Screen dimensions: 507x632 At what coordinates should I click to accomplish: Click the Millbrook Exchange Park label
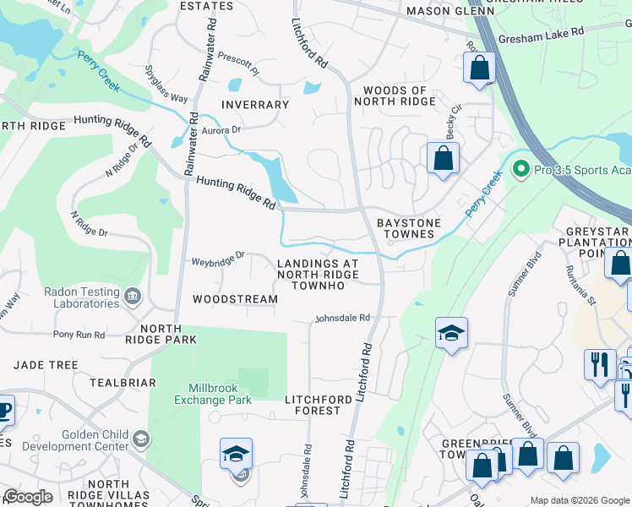point(214,393)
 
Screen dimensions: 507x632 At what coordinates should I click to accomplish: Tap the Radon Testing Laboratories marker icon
point(132,296)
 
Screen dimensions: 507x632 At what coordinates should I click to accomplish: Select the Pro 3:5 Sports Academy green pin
point(520,170)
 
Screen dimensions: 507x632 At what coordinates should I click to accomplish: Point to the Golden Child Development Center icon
point(141,439)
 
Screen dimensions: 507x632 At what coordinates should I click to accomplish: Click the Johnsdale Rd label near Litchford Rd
point(343,318)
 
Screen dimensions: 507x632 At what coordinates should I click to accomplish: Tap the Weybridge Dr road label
point(218,254)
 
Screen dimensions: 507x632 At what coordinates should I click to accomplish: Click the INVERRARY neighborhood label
point(254,105)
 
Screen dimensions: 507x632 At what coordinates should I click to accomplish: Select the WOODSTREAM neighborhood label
point(235,299)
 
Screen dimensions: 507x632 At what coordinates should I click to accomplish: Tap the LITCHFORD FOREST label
point(313,405)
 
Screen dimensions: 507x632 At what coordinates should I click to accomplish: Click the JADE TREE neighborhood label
point(46,365)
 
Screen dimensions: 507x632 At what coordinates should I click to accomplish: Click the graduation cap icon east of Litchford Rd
point(451,334)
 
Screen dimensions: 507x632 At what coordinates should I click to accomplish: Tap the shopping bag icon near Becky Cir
point(443,158)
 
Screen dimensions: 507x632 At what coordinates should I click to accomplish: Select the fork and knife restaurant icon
point(600,364)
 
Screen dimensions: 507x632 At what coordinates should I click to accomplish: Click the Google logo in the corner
point(28,497)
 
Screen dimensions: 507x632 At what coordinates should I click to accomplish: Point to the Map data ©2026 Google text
point(579,500)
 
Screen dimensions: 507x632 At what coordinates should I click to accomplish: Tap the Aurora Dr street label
point(221,129)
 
